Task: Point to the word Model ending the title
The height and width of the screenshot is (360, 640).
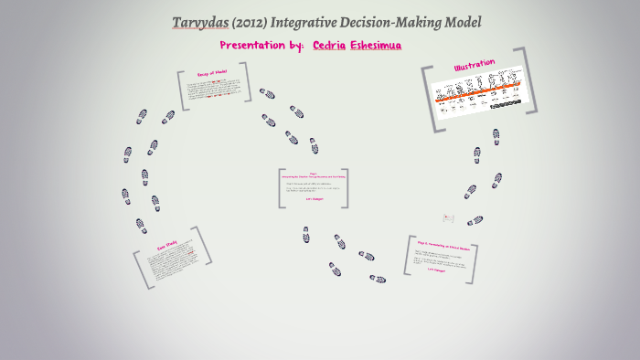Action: (x=459, y=22)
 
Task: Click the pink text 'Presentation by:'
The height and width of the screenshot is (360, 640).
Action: (x=261, y=45)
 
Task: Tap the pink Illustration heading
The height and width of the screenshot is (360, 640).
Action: (x=474, y=66)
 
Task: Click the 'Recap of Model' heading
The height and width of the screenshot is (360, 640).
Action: (x=212, y=72)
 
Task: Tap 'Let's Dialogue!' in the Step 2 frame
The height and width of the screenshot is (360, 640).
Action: (x=442, y=270)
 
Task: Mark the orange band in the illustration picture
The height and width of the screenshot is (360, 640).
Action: (x=479, y=89)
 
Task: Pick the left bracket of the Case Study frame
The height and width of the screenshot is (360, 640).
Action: (x=139, y=271)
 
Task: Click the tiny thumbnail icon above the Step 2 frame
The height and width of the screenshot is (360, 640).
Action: (x=448, y=217)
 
